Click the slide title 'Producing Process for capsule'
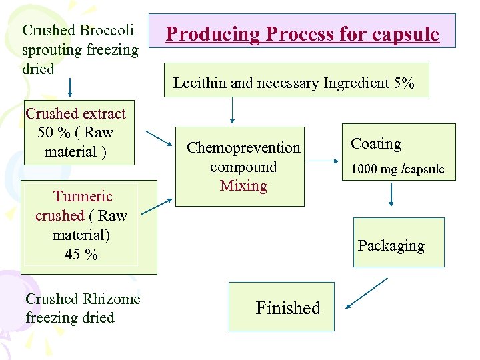tap(302, 34)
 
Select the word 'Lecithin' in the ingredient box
tap(197, 83)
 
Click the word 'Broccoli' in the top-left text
tap(107, 31)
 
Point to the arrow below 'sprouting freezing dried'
tap(70, 87)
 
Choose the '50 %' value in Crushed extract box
tap(53, 132)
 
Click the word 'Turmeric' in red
tap(83, 196)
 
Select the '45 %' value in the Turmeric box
tap(81, 254)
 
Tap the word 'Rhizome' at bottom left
tap(111, 299)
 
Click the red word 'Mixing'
tap(243, 186)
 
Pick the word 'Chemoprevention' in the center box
tap(243, 147)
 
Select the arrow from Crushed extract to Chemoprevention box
tap(159, 137)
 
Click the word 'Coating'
tap(376, 144)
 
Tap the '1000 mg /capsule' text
tap(397, 169)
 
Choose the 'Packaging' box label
tap(391, 245)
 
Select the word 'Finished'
tap(288, 308)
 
